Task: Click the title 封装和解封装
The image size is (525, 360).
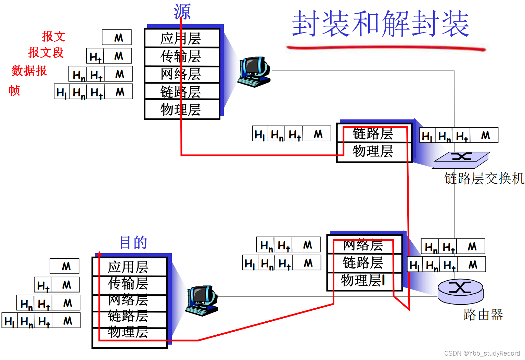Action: tap(380, 23)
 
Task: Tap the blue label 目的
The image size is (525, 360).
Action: tap(133, 242)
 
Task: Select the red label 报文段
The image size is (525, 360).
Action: tap(46, 53)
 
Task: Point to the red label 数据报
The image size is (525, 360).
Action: tap(29, 71)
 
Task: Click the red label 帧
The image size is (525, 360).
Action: tap(14, 90)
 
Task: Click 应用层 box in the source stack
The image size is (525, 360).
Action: tap(182, 38)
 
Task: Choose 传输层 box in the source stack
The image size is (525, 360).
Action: tap(182, 56)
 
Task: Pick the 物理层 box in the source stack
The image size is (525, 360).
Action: tap(182, 110)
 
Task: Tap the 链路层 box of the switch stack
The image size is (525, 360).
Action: tap(373, 134)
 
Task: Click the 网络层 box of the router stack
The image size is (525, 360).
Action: tap(364, 245)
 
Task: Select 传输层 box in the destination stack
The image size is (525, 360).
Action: tap(129, 283)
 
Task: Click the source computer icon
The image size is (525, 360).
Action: tap(255, 72)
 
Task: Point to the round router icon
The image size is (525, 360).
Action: tap(460, 291)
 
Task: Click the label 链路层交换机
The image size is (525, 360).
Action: tap(484, 178)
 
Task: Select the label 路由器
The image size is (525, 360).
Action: tap(483, 314)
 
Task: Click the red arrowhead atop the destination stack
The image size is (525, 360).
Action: tap(99, 254)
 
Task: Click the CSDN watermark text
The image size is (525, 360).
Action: tap(482, 353)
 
